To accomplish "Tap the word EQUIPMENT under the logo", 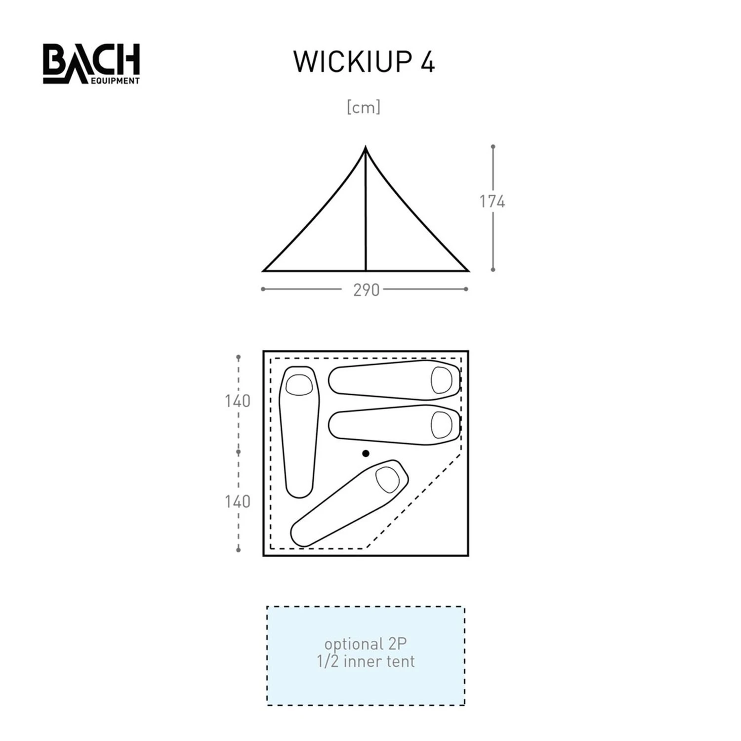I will coord(115,81).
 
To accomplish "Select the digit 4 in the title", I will coord(427,62).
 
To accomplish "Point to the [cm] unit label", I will coord(364,107).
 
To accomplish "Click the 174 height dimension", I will coord(492,202).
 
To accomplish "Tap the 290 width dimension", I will coord(366,290).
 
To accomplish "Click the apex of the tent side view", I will coord(366,148).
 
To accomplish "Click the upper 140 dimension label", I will coord(238,401).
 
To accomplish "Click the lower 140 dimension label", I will coord(238,502).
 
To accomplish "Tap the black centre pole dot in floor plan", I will coord(366,453).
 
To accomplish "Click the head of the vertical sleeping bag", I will coord(299,385).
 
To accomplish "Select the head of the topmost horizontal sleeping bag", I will coord(441,380).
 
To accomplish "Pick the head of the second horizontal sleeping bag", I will coord(441,424).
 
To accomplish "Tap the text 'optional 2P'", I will coord(366,644).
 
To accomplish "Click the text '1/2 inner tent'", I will coord(366,661).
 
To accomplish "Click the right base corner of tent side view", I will coord(467,271).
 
